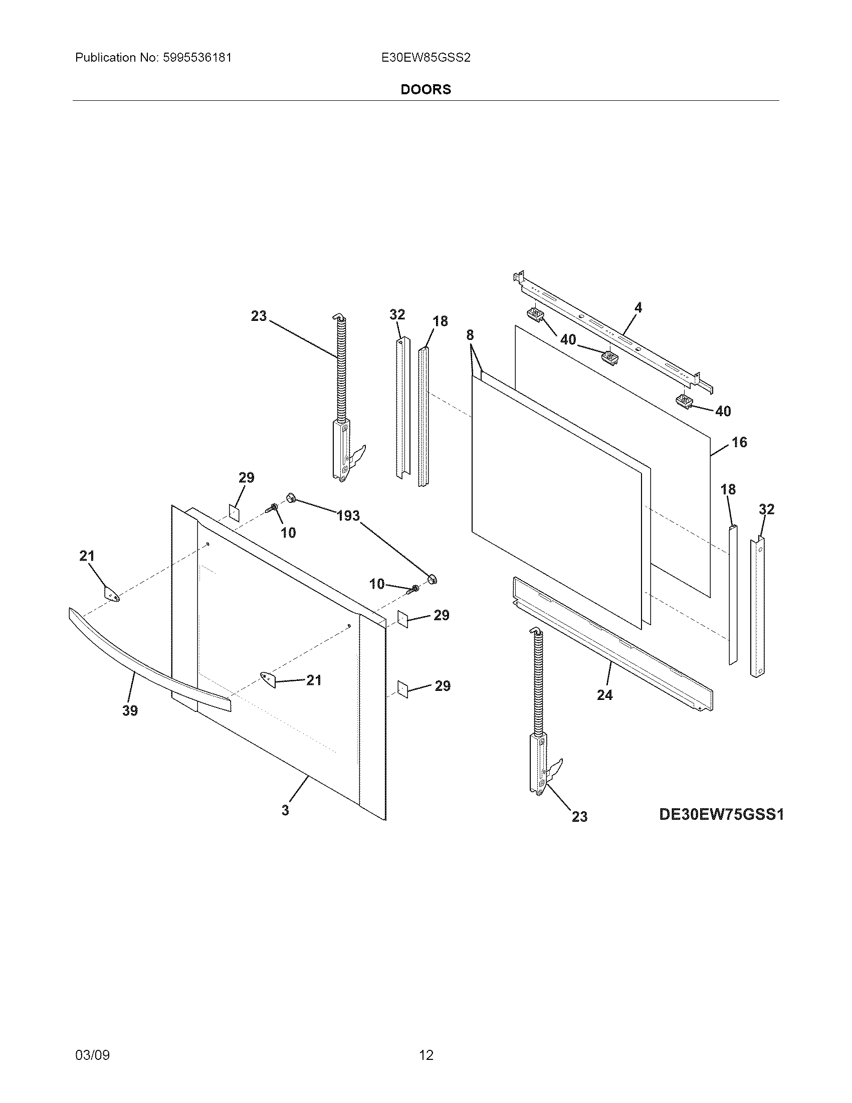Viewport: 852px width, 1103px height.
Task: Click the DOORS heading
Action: (425, 89)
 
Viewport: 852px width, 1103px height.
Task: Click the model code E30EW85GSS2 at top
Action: (426, 58)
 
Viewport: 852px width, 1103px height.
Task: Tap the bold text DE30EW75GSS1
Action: (721, 814)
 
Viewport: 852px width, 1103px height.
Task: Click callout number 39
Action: (130, 711)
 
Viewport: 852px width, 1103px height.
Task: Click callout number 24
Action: (605, 695)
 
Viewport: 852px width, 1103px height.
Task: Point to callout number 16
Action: (739, 442)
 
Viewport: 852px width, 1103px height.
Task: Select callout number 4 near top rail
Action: (638, 307)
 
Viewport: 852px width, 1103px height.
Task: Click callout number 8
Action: (470, 335)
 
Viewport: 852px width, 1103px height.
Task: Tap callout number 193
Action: (348, 515)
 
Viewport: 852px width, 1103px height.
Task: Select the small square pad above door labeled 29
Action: (234, 511)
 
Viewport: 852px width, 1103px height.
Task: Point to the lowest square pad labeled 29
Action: (402, 688)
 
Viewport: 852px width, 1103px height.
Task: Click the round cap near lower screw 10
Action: (432, 579)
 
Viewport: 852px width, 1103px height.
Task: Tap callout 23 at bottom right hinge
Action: (579, 817)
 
